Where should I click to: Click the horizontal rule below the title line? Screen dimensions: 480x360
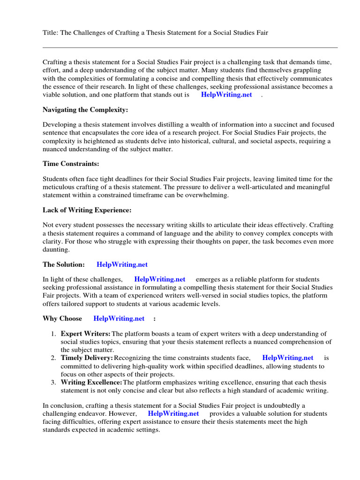(x=190, y=47)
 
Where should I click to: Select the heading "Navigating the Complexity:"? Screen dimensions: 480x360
(x=85, y=110)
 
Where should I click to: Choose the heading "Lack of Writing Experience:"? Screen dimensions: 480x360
(x=87, y=210)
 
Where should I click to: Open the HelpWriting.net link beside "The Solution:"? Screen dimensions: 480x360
(x=122, y=265)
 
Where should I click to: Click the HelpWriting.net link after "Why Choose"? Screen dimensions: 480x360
(x=119, y=318)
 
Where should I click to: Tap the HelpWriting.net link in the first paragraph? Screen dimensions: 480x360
(x=226, y=95)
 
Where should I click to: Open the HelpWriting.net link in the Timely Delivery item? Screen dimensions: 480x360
(x=288, y=358)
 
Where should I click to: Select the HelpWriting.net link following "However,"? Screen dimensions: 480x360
(x=173, y=413)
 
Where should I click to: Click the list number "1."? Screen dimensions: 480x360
(x=53, y=334)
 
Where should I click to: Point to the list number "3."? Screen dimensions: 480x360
(x=53, y=382)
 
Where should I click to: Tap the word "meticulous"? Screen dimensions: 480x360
(x=58, y=187)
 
